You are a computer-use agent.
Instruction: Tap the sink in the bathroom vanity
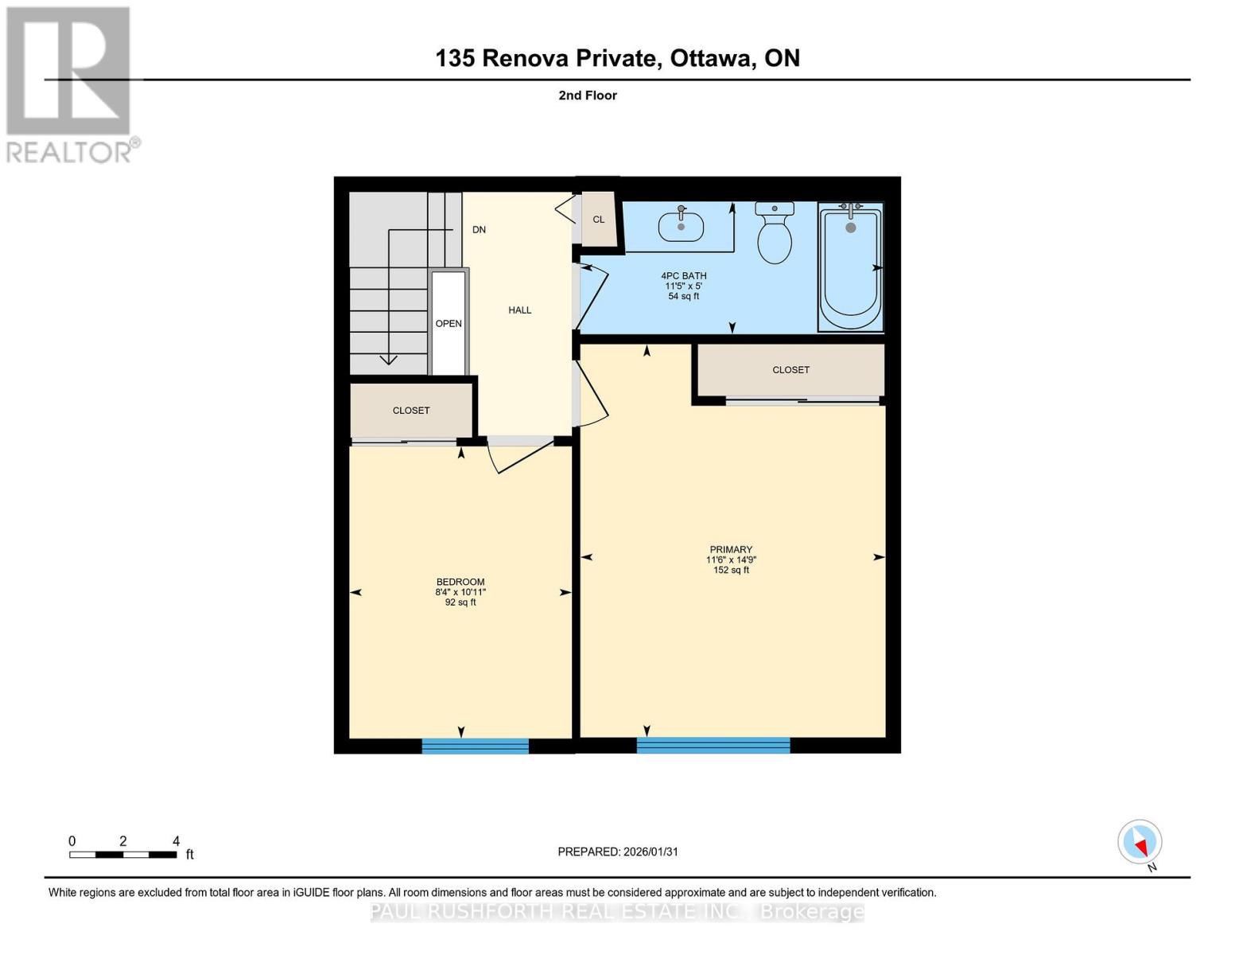point(681,226)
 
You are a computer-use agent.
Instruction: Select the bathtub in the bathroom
point(850,267)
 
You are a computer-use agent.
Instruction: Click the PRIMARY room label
point(730,549)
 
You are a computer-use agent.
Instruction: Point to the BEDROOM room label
point(460,582)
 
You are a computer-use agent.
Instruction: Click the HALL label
point(519,310)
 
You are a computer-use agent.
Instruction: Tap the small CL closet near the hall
point(599,220)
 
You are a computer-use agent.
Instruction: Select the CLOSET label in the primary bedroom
point(790,370)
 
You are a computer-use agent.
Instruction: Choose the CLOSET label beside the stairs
point(411,411)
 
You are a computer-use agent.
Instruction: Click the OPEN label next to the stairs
point(449,324)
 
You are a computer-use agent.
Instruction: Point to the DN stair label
point(479,230)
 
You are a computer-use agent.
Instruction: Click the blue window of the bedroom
point(475,746)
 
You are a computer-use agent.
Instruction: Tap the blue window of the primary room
point(713,746)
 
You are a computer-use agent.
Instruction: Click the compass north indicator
point(1140,842)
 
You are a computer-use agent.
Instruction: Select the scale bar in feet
point(122,855)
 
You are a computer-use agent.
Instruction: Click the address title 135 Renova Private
point(617,58)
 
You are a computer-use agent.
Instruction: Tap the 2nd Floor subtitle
point(588,95)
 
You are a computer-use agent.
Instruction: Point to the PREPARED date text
point(618,852)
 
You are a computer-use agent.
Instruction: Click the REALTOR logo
point(70,84)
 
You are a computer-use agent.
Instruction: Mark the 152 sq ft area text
point(730,571)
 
